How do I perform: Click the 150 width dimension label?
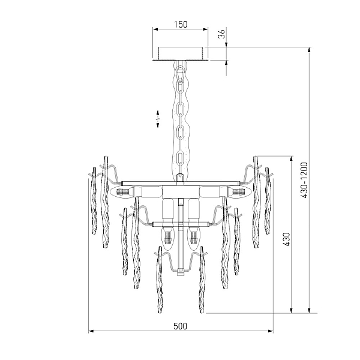(181, 25)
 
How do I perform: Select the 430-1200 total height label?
(304, 180)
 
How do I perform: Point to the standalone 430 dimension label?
(286, 239)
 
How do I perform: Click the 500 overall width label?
(180, 326)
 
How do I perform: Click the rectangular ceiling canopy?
(181, 54)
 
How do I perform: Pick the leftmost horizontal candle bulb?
(122, 191)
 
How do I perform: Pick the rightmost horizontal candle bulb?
(239, 191)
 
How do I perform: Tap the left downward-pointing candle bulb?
(167, 236)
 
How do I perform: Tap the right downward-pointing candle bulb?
(193, 236)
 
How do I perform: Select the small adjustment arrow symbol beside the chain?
(158, 119)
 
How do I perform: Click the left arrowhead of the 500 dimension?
(91, 331)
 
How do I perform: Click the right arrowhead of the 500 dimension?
(271, 331)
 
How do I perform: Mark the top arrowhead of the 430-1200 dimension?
(309, 50)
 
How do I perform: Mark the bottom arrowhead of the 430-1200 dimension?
(309, 310)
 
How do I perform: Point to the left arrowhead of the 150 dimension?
(155, 29)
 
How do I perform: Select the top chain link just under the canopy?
(181, 71)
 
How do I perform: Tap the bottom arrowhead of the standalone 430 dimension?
(292, 310)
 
